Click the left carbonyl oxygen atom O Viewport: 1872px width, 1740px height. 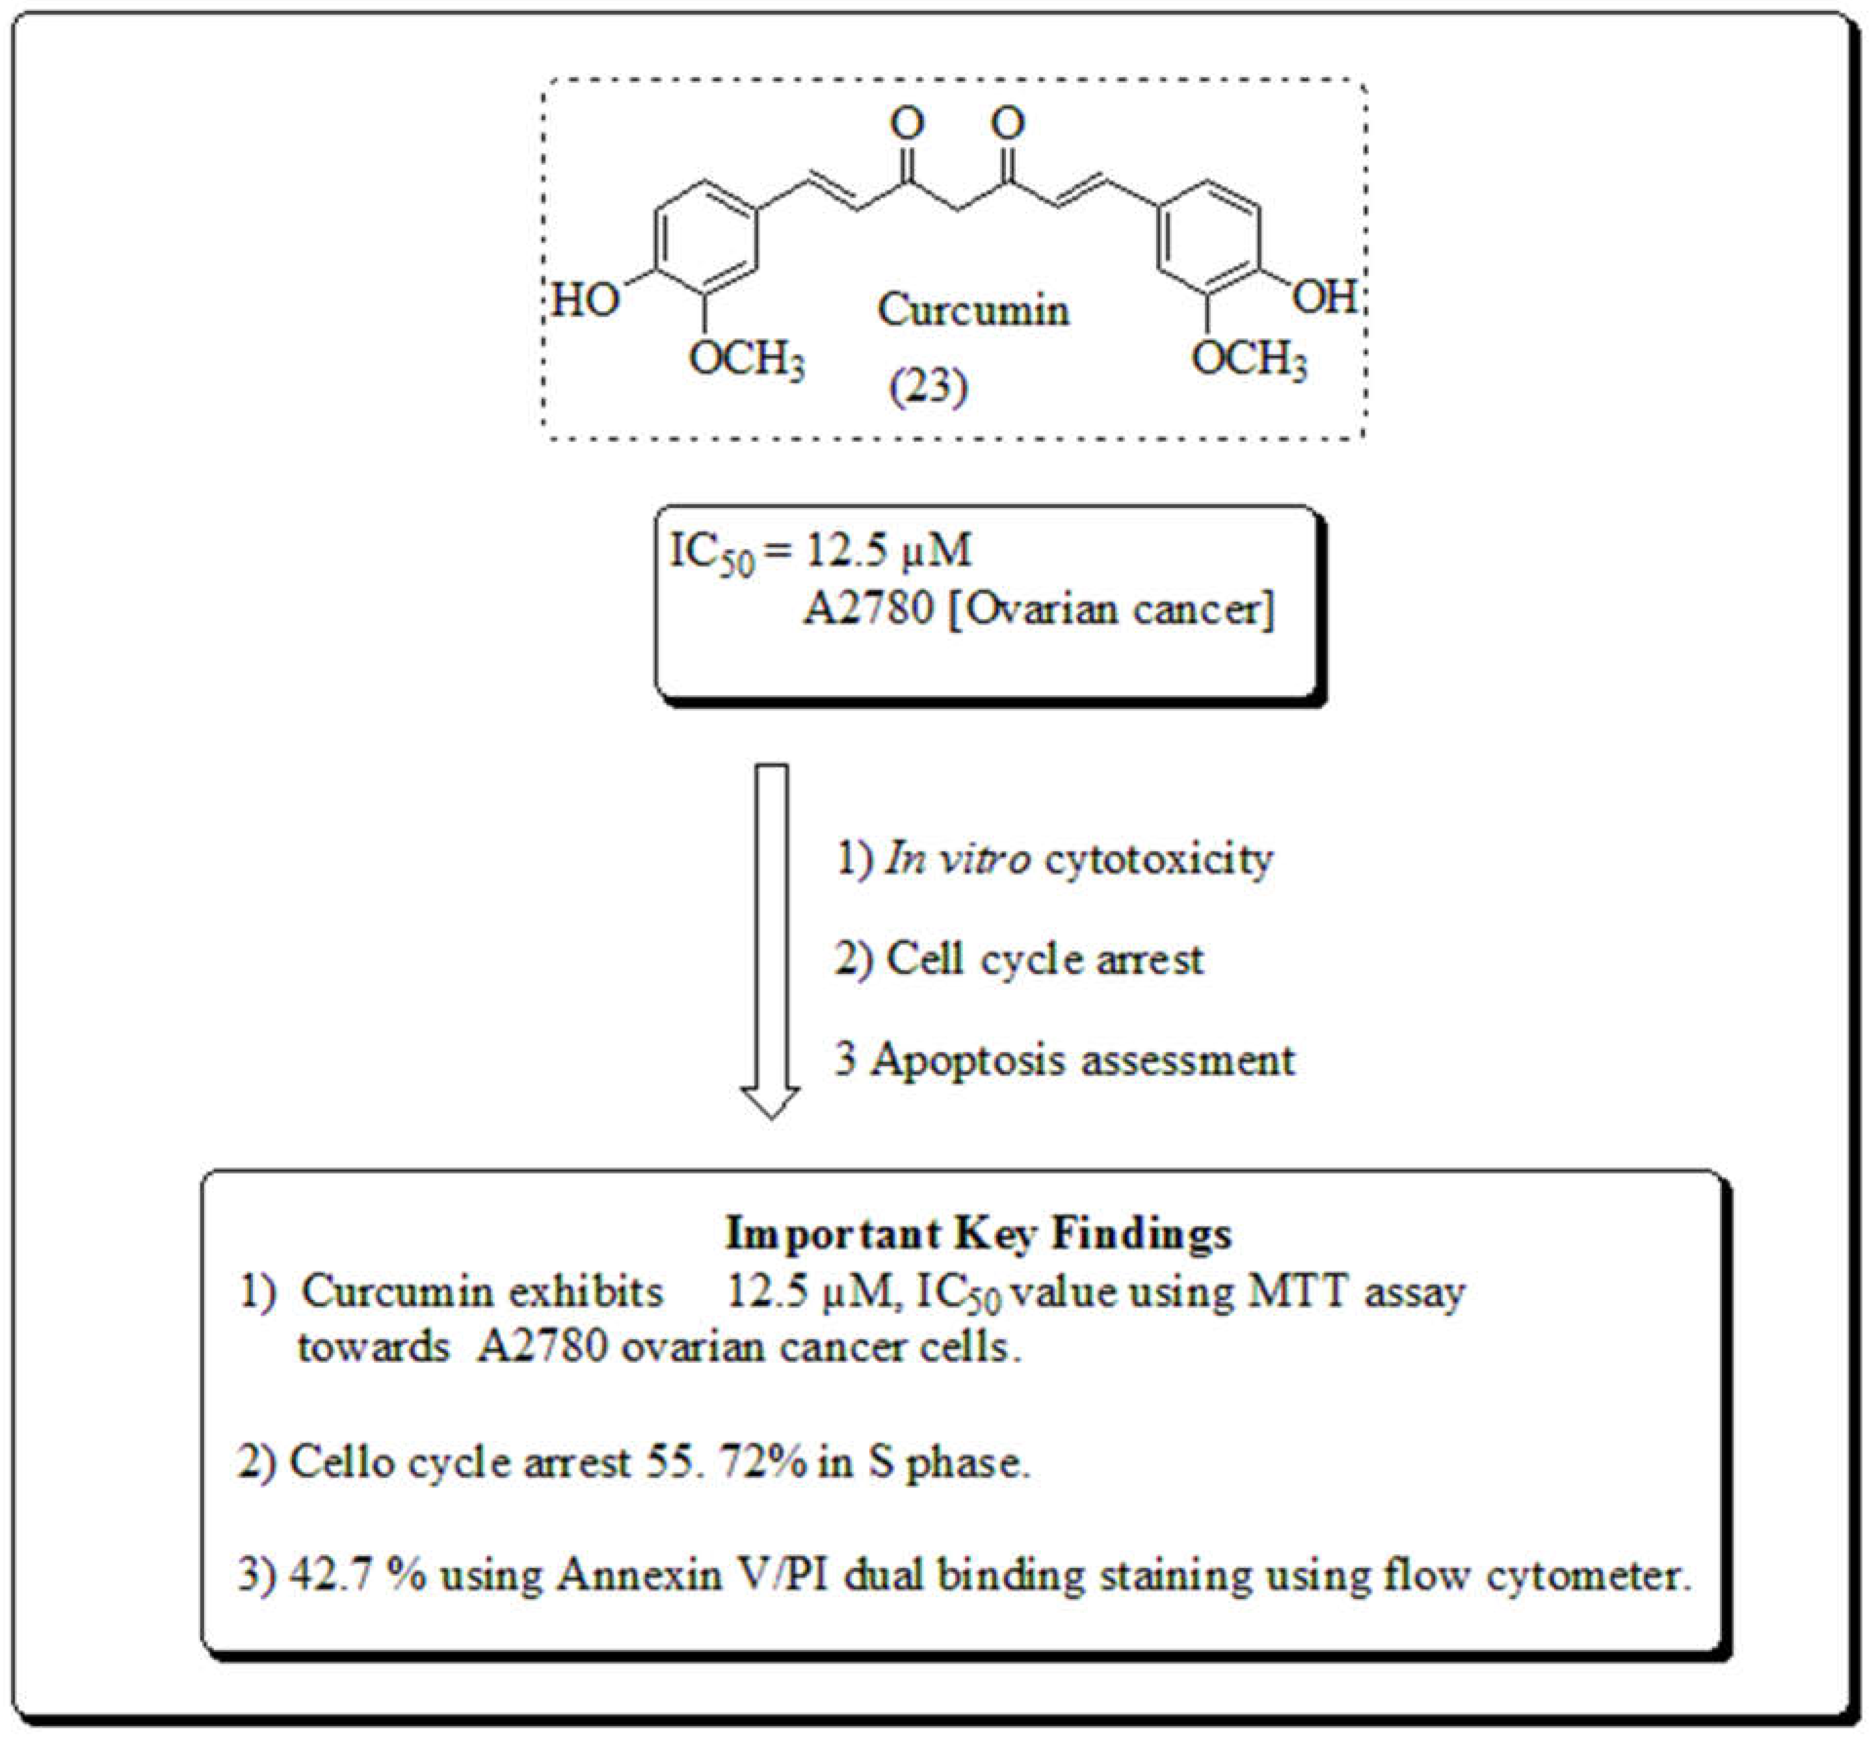(908, 122)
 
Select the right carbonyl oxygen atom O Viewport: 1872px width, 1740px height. (1007, 122)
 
